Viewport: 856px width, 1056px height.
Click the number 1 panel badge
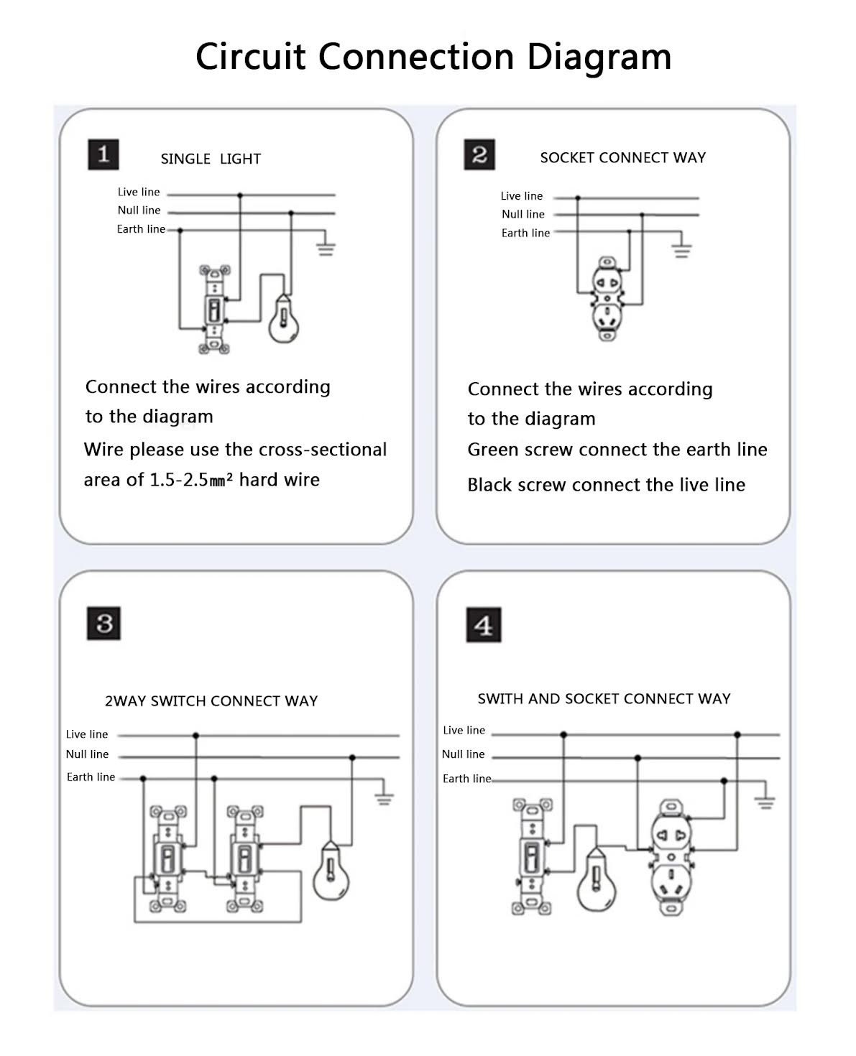103,154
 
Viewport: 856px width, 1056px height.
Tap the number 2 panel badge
479,154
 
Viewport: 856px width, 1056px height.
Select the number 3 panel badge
103,624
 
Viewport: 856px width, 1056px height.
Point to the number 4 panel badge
484,625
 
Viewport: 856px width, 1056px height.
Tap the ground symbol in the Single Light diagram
326,249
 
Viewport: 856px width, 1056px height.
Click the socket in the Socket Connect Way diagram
607,298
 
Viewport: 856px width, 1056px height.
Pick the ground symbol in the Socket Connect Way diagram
682,251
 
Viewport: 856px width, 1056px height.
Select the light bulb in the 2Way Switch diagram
331,871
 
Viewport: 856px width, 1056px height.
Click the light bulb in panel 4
596,879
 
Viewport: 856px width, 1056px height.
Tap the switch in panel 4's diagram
532,856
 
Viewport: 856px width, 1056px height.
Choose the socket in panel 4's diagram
671,857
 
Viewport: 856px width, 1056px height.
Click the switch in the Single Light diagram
214,310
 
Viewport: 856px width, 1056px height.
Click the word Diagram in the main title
599,57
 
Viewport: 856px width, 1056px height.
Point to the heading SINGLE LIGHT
211,159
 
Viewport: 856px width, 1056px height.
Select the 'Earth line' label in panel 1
141,228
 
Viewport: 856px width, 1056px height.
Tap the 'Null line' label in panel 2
523,214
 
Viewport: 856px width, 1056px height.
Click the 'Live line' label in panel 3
87,733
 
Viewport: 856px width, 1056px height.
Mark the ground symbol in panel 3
384,799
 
